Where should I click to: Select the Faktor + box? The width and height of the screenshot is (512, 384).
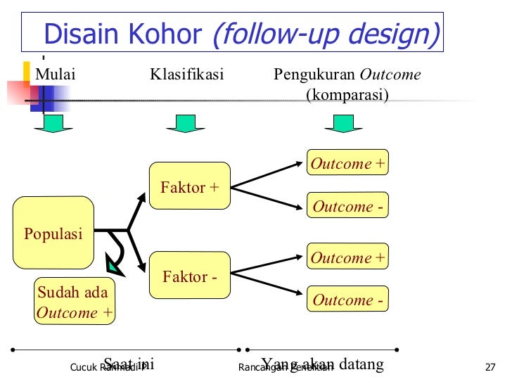[189, 187]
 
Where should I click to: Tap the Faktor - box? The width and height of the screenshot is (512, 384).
[189, 276]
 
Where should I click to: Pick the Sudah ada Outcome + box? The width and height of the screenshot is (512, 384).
[75, 302]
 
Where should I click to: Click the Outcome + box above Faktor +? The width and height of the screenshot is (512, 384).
[347, 163]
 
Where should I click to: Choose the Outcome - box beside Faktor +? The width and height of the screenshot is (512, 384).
[347, 206]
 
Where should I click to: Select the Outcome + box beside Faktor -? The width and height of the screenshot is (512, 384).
[347, 257]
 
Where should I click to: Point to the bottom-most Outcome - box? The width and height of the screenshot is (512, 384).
[347, 300]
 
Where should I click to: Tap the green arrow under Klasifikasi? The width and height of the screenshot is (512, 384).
[185, 123]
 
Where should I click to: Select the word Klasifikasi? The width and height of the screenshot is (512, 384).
[186, 75]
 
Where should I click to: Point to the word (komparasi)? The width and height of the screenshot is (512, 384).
[347, 94]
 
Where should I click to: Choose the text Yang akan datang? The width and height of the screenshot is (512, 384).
[323, 364]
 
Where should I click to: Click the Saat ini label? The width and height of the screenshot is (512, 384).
[129, 364]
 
